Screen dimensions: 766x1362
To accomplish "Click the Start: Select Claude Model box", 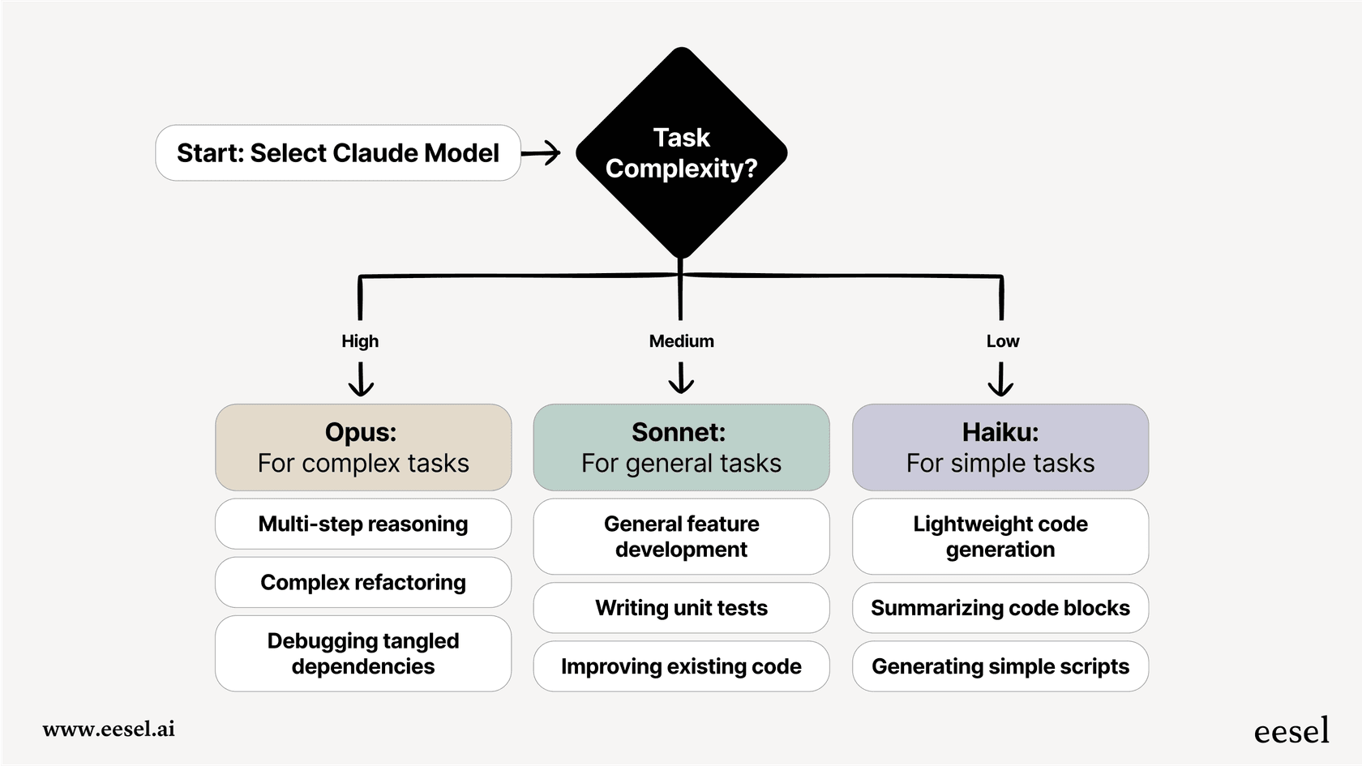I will click(337, 152).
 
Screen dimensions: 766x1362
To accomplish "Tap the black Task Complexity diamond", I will click(681, 152).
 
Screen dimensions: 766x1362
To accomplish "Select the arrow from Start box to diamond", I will click(541, 152).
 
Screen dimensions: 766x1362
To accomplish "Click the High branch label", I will click(360, 341).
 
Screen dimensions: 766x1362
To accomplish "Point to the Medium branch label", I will click(681, 341).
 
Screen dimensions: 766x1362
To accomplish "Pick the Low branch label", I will click(1002, 341).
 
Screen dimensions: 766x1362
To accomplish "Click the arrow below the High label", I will click(361, 379).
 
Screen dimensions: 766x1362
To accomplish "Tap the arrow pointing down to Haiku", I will click(1000, 379).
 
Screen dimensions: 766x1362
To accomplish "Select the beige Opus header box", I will click(363, 447).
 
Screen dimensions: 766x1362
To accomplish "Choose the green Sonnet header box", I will click(681, 447).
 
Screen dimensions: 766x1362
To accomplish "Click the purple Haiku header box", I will click(1000, 447).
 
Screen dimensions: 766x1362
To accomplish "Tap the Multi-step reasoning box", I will click(363, 524).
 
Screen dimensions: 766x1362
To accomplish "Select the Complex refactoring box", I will click(363, 582).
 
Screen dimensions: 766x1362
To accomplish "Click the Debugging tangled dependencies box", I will click(363, 653).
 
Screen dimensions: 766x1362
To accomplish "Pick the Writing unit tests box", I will click(681, 608).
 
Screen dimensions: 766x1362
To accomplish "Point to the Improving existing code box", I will click(681, 666).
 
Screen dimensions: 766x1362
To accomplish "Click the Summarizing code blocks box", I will click(1000, 608).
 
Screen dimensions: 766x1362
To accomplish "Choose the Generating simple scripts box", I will click(1000, 666).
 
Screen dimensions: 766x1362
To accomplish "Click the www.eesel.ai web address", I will click(109, 729).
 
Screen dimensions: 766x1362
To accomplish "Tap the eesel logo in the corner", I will click(1291, 731).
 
